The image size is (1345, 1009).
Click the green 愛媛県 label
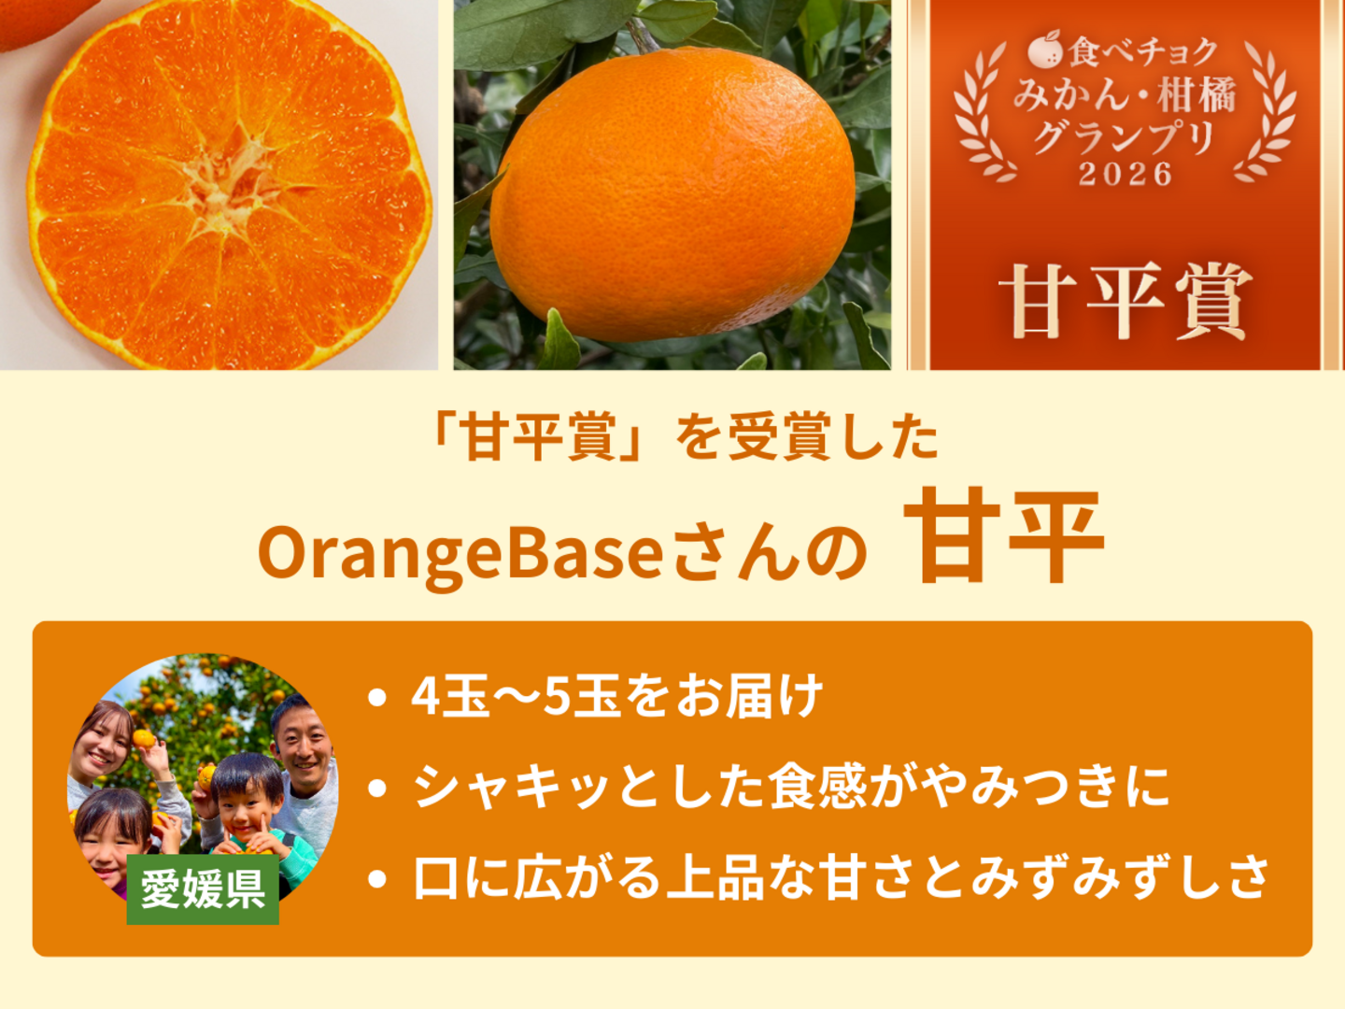tap(203, 889)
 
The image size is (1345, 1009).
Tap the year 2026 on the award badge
tap(1125, 176)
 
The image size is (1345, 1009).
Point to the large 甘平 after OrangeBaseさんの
tap(1004, 534)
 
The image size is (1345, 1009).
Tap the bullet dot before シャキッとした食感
tap(376, 788)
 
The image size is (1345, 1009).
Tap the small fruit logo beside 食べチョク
tap(1046, 49)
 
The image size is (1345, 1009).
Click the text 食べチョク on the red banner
tap(1142, 51)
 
